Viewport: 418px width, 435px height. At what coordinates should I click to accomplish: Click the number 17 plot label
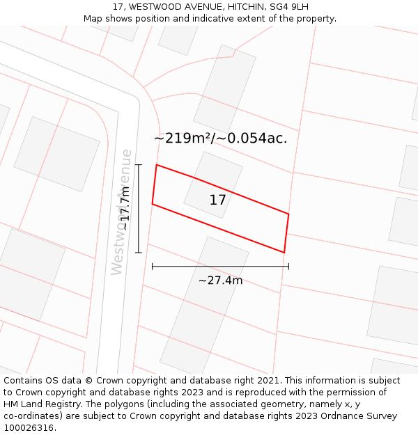[217, 200]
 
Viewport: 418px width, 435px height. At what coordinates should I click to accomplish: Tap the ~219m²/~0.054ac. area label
[220, 138]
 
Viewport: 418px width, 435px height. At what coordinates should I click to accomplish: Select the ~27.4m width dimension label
[220, 280]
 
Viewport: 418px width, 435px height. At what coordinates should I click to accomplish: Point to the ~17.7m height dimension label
[125, 208]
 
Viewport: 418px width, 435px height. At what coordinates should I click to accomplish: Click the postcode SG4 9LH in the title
[289, 6]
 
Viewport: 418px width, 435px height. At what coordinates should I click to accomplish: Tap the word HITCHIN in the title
[239, 6]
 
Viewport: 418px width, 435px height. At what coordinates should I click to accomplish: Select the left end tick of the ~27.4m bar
[152, 266]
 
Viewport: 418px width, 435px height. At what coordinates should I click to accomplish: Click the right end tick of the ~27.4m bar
[288, 266]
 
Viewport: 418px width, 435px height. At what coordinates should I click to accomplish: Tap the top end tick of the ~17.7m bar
[139, 165]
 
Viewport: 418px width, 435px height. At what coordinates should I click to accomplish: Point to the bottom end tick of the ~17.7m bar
[139, 252]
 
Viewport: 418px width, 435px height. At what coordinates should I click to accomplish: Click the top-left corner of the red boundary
[157, 165]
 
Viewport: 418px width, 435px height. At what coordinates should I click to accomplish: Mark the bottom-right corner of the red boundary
[284, 253]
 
